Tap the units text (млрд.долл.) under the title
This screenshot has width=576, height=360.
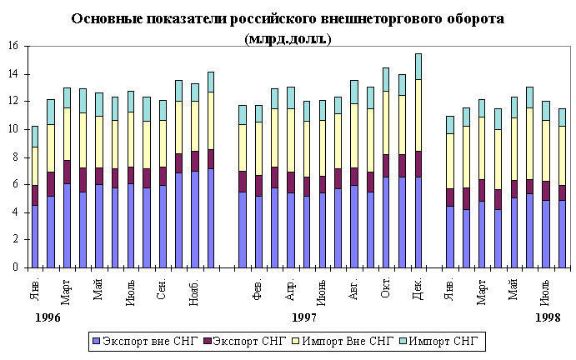coord(288,38)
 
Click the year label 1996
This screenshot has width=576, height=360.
coord(48,319)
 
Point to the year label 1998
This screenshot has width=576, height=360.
coord(548,319)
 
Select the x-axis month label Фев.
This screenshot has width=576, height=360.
coord(259,287)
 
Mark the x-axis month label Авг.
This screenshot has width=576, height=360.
coord(355,287)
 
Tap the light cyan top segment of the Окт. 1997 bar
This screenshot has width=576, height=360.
coord(387,79)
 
